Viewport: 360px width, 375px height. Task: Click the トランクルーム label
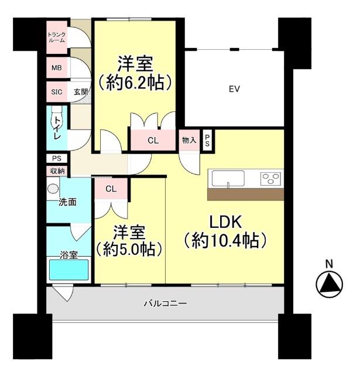point(57,37)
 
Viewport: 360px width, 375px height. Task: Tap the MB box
point(56,67)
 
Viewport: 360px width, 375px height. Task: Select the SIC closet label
point(57,92)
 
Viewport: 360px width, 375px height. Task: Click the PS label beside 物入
point(207,140)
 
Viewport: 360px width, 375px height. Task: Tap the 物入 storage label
point(188,140)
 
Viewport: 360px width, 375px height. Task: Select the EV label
point(235,89)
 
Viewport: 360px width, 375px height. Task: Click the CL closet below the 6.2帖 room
point(152,141)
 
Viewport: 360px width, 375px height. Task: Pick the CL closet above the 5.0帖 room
point(111,189)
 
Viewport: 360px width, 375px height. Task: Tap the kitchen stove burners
point(271,178)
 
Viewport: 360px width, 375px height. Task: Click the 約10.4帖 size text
point(225,240)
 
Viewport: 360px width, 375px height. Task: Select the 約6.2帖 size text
point(135,82)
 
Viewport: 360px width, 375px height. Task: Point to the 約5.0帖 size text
point(129,248)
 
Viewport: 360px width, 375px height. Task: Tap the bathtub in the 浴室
point(68,270)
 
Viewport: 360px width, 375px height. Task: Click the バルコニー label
point(165,304)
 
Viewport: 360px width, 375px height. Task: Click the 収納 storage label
point(57,171)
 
